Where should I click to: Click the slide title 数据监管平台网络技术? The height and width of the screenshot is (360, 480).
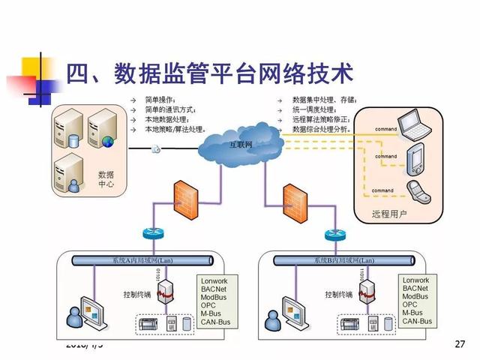(209, 73)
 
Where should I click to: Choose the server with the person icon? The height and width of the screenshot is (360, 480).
(69, 172)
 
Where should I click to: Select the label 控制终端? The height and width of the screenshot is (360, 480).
(137, 294)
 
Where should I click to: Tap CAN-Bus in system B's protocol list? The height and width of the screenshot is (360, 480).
(417, 321)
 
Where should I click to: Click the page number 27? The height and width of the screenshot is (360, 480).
(460, 344)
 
